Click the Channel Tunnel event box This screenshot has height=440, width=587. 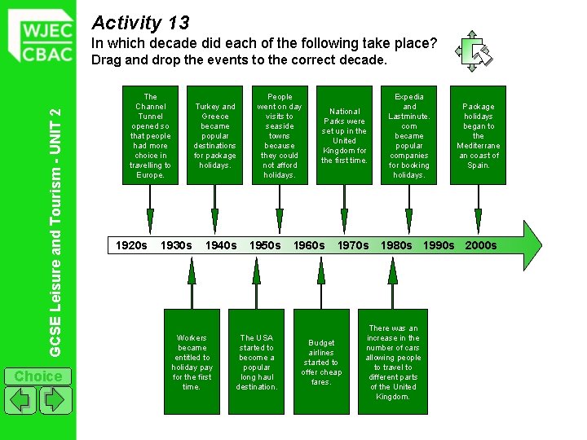click(x=150, y=135)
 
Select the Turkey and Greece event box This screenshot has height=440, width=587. click(x=214, y=135)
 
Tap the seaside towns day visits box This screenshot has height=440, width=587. click(x=279, y=135)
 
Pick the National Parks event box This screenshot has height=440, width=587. click(x=344, y=135)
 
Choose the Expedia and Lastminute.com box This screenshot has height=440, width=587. click(x=409, y=135)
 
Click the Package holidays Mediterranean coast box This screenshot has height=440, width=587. click(x=478, y=135)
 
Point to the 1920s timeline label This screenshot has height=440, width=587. click(x=131, y=245)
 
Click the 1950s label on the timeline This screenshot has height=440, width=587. click(x=264, y=245)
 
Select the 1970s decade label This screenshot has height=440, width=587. click(x=353, y=245)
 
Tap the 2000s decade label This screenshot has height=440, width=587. click(x=480, y=245)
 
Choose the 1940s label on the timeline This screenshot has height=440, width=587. click(x=221, y=245)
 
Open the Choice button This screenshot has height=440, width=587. click(x=38, y=376)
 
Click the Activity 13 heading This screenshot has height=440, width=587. click(x=140, y=22)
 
